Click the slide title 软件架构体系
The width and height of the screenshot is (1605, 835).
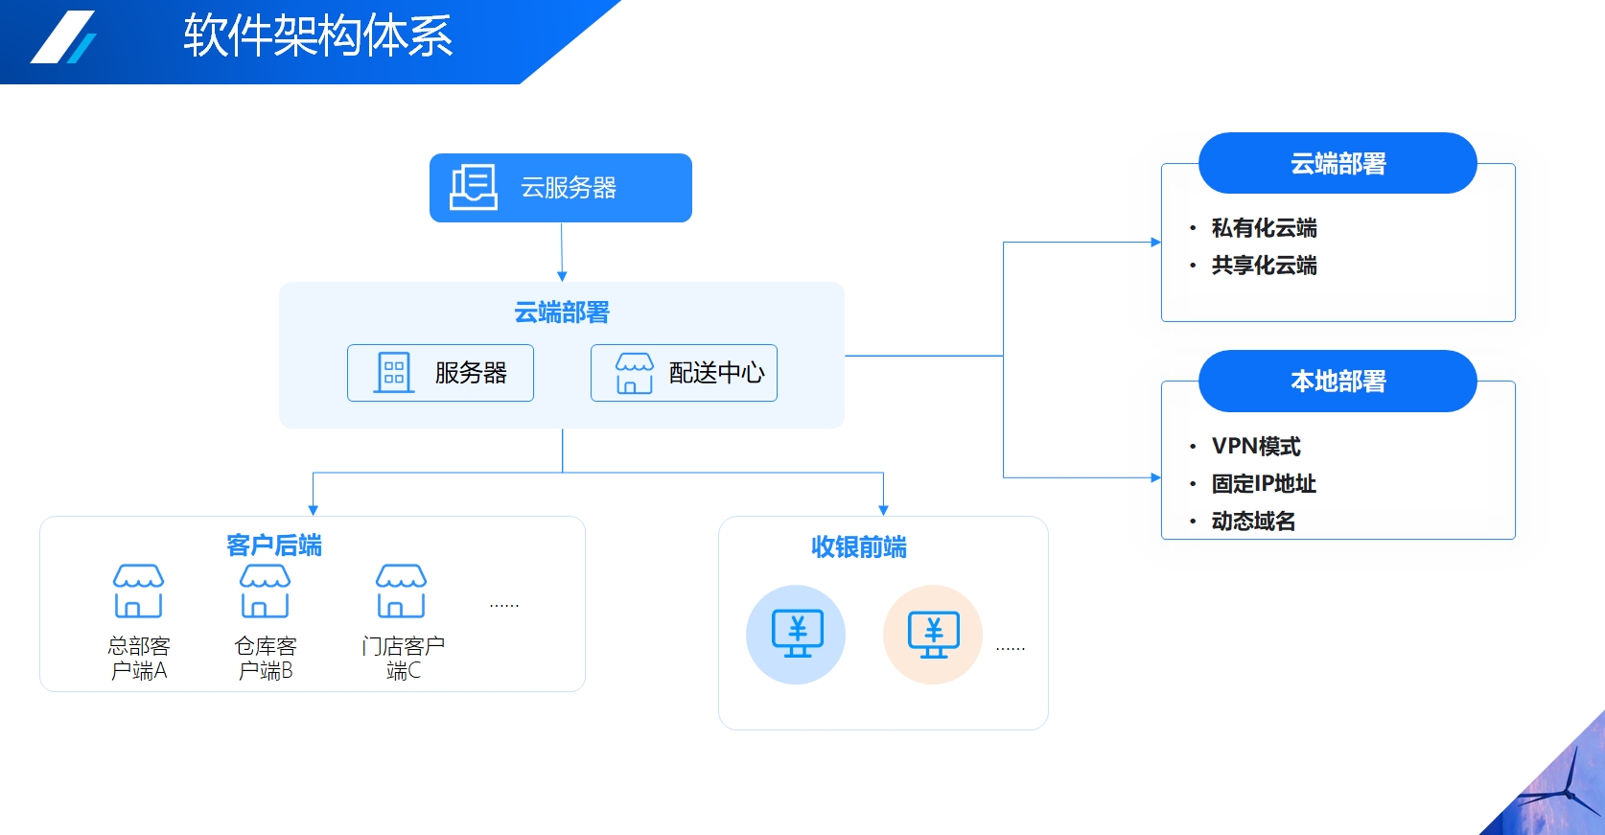[317, 36]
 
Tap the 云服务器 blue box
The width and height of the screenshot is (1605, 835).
[560, 188]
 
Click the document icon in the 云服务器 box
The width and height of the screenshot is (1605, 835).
[474, 187]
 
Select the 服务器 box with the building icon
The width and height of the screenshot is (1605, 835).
[440, 373]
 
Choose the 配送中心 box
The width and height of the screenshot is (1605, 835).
[684, 373]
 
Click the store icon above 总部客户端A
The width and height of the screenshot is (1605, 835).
[138, 591]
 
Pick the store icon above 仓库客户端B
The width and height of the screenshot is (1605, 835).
[265, 591]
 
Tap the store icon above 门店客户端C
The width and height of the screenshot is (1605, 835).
[401, 591]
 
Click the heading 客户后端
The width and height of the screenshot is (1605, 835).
[274, 545]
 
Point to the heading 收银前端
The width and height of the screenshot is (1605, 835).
[858, 546]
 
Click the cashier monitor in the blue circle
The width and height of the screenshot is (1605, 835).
[796, 634]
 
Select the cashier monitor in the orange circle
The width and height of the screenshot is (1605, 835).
[933, 634]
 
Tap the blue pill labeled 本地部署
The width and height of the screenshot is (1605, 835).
[1337, 382]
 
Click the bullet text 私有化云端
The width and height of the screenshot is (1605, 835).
[1264, 228]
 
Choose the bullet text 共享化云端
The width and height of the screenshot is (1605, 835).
[1264, 266]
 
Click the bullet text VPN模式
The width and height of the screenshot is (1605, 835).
[1256, 446]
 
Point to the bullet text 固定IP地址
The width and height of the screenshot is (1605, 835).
[1264, 483]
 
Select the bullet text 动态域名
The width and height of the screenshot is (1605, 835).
[1253, 521]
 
